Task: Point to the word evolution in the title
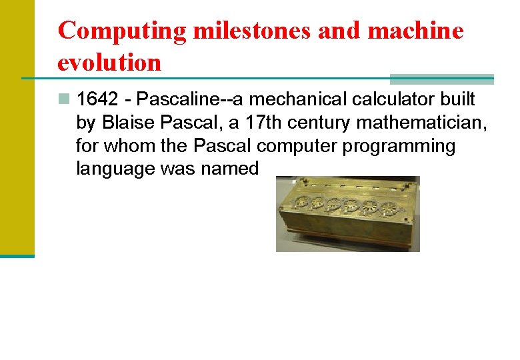(x=109, y=62)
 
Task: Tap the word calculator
(x=404, y=100)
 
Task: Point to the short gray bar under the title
(x=441, y=78)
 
